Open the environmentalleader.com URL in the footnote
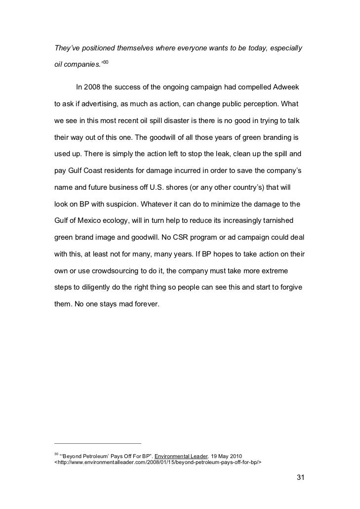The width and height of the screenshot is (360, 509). [x=157, y=463]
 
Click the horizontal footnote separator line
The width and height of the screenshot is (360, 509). [x=97, y=443]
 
